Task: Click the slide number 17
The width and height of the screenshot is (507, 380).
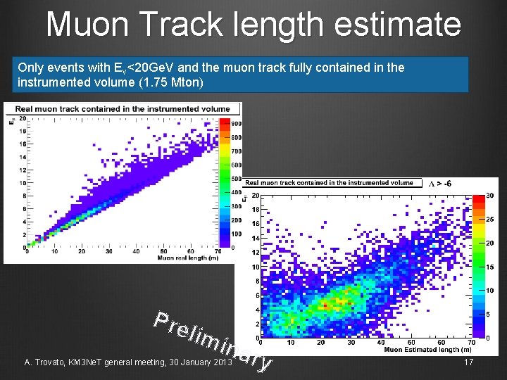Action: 469,362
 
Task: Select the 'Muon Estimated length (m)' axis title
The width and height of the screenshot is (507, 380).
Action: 427,349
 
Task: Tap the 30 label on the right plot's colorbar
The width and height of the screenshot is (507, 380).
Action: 490,196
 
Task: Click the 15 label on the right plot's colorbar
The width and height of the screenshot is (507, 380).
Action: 490,267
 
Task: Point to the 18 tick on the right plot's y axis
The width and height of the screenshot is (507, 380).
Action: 255,209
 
